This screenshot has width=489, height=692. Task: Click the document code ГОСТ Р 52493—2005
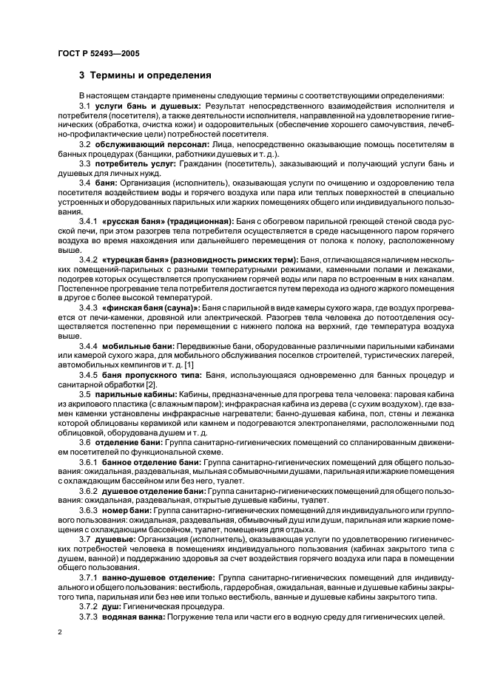pos(98,54)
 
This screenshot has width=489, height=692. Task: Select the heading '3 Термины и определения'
pos(145,75)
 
